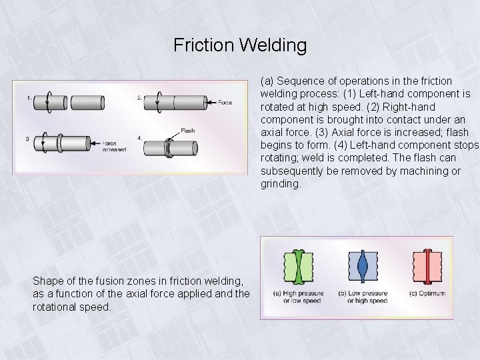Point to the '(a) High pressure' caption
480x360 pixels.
point(299,293)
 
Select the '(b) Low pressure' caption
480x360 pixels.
point(363,293)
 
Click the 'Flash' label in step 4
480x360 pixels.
point(187,130)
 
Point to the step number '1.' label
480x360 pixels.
point(29,98)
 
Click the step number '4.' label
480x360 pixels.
point(140,138)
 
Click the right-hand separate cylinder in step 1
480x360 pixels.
point(89,103)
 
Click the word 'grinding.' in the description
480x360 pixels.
point(281,183)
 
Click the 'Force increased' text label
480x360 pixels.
point(114,145)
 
